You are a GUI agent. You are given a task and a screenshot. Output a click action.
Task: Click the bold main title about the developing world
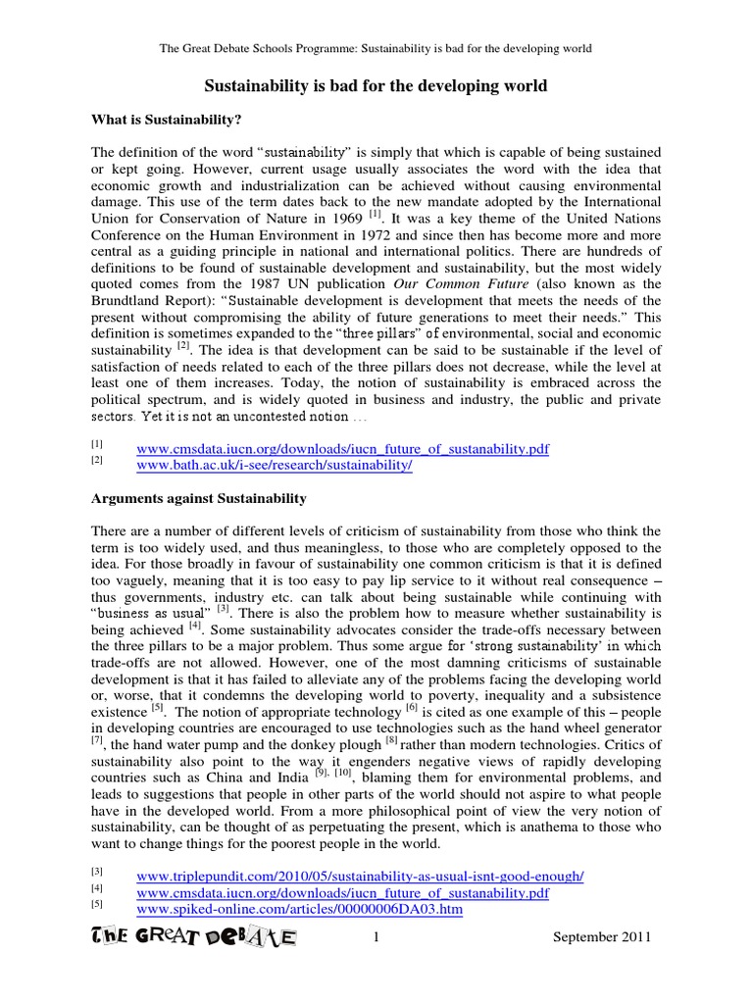(376, 86)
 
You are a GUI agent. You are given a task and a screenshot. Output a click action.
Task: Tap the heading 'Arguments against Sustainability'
(198, 499)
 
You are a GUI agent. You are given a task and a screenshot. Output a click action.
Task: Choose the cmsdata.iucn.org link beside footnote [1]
(342, 448)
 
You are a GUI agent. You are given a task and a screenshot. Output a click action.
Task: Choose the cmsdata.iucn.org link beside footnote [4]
(342, 892)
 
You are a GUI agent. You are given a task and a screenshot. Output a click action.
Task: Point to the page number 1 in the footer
(376, 938)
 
